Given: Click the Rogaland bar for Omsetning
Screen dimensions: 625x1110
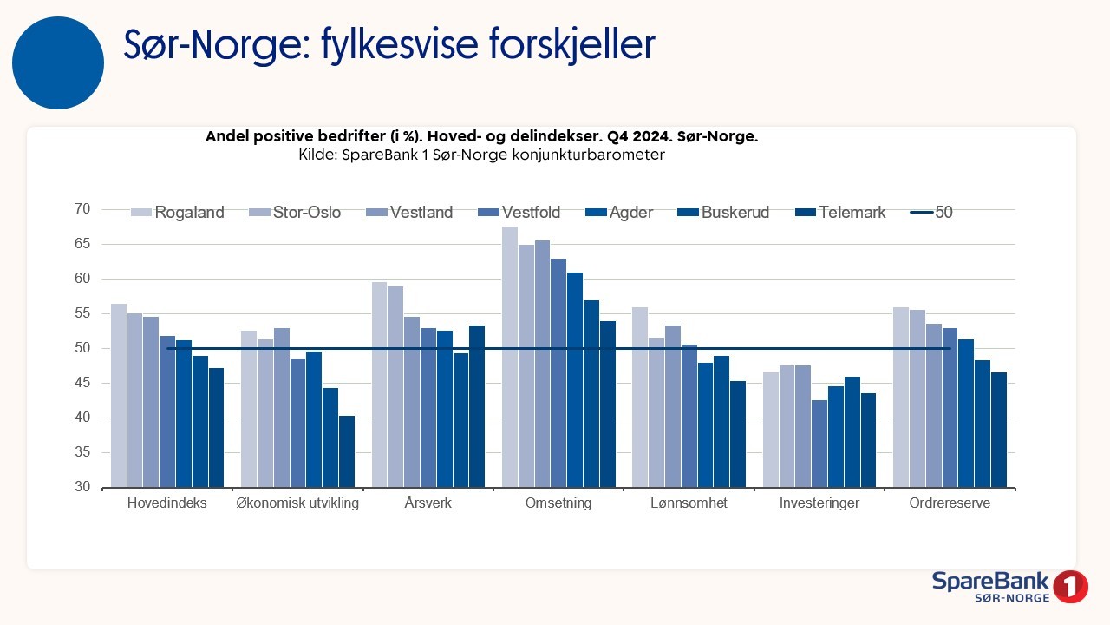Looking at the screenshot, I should point(510,357).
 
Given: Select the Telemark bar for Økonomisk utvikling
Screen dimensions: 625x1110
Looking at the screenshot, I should point(347,451).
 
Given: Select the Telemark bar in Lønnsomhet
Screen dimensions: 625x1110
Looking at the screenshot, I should point(738,434).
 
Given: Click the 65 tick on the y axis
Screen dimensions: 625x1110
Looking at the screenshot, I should point(82,244).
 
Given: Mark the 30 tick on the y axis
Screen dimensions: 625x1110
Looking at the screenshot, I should point(82,487).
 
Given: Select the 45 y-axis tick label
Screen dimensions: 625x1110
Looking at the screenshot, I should point(82,383).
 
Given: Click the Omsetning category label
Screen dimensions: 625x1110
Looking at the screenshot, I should point(558,503).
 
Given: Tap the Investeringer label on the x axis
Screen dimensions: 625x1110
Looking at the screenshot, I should point(819,503).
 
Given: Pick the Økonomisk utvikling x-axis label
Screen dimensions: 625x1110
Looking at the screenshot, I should point(297,503).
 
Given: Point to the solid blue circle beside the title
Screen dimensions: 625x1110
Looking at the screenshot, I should point(58,62).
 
